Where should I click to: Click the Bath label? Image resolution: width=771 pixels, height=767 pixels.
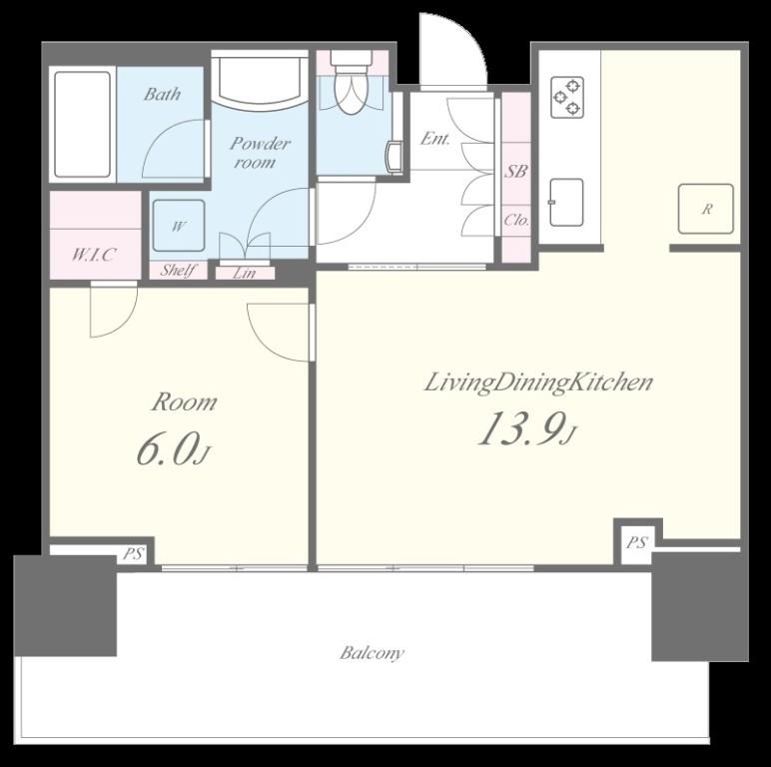coord(162,94)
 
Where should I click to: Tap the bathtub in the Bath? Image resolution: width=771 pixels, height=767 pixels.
coord(82,125)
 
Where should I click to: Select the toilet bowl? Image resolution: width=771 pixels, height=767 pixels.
coord(350,89)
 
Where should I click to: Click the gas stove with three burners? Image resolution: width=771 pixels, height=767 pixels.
coord(567,97)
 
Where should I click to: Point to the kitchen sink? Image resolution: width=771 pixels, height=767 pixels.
coord(566,202)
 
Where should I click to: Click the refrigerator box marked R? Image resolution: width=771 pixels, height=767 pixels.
coord(706,209)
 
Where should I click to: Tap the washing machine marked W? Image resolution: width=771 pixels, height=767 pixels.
coord(179,226)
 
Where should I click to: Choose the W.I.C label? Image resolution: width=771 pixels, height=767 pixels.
coord(94,255)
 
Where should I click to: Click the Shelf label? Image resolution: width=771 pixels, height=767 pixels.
coord(178,270)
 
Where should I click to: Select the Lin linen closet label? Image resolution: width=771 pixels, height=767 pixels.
coord(244,273)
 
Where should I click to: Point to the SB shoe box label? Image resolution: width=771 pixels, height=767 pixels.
coord(516,171)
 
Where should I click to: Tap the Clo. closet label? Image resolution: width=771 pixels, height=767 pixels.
coord(516,220)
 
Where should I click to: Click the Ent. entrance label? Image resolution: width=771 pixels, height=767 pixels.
coord(434,139)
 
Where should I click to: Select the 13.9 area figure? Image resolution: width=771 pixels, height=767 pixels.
coord(527,428)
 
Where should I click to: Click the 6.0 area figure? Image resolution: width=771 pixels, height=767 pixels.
coord(173,449)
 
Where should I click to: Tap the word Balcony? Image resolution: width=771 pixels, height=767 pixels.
coord(372,653)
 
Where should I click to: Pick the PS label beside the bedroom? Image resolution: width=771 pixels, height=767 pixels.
coord(133,554)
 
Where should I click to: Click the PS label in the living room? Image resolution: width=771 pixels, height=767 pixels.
coord(637,543)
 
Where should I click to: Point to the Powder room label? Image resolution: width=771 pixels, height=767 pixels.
coord(260,153)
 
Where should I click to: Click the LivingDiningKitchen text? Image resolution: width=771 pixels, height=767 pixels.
coord(538,383)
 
